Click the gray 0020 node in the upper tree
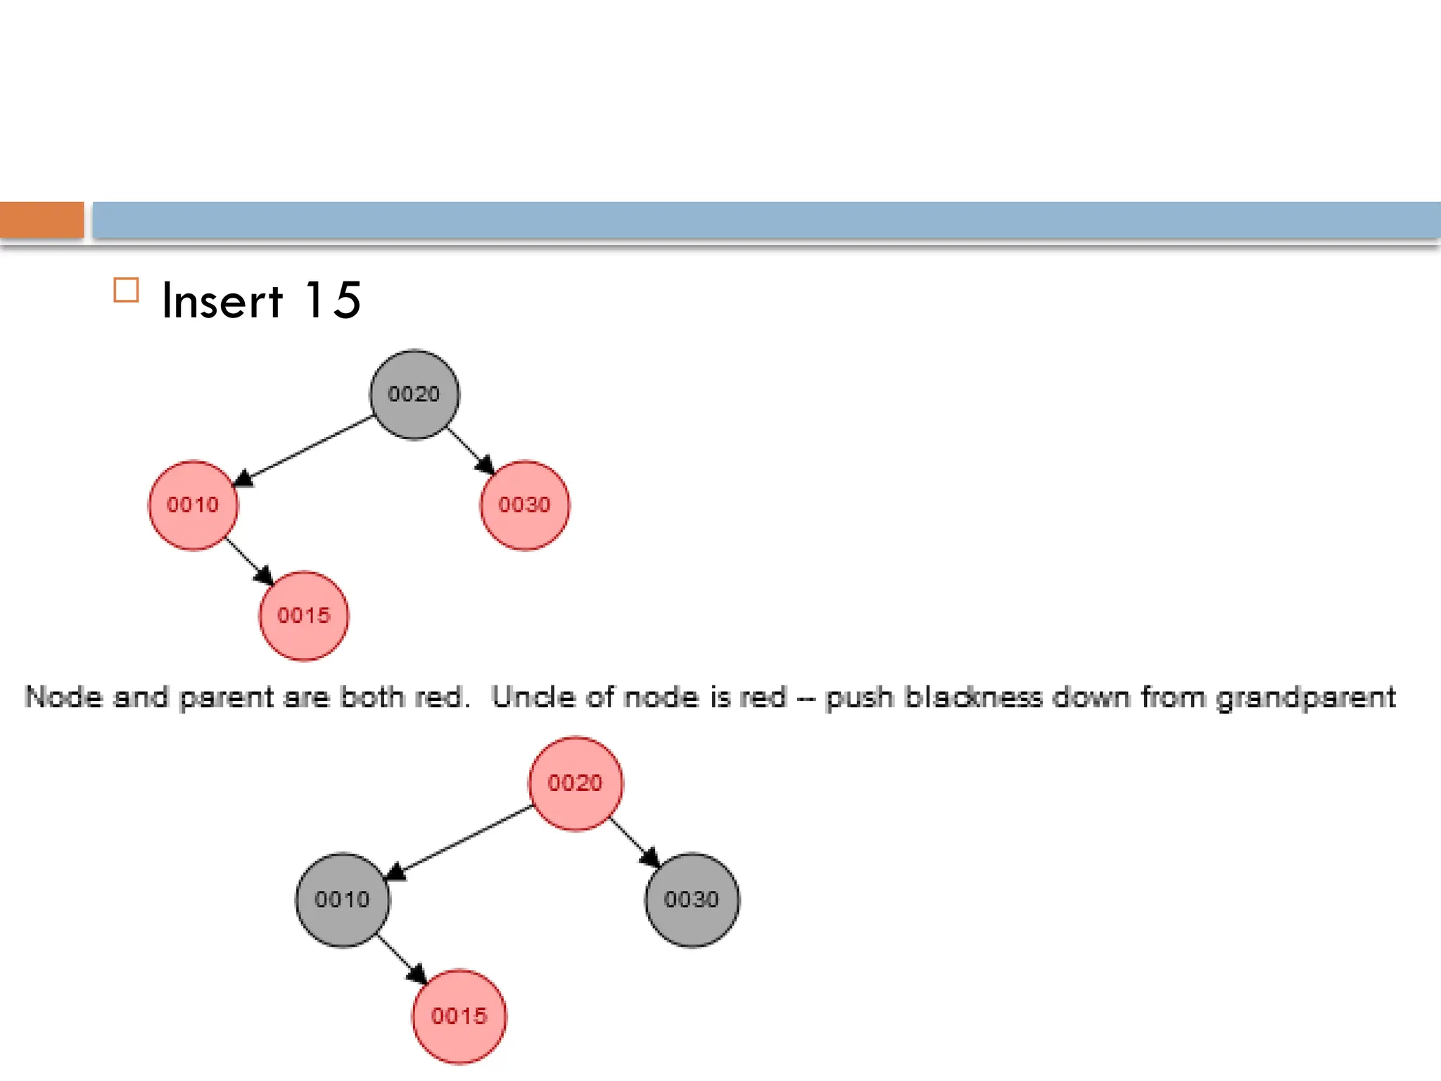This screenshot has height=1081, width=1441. click(414, 394)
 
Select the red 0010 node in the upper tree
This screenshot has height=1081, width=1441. click(193, 505)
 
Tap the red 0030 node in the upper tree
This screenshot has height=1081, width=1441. click(525, 505)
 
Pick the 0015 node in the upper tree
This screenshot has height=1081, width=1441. click(303, 616)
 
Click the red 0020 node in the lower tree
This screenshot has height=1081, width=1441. click(575, 783)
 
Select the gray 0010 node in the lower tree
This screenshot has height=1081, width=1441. click(342, 899)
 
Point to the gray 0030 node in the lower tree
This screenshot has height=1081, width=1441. click(692, 899)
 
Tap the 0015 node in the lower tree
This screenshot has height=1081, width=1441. click(459, 1016)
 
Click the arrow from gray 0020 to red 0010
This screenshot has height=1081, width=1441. click(305, 450)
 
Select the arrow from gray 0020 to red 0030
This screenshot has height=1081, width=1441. click(470, 450)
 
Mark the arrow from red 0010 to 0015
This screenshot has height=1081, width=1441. click(248, 561)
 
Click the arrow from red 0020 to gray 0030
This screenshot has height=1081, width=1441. click(634, 842)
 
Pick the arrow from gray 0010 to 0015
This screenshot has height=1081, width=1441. click(401, 959)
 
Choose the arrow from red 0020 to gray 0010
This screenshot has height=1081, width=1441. click(459, 842)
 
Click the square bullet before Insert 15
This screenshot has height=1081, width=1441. click(126, 290)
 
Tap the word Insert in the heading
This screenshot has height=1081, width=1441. click(222, 301)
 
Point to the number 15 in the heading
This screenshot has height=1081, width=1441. click(332, 301)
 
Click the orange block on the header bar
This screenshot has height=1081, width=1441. click(42, 220)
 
